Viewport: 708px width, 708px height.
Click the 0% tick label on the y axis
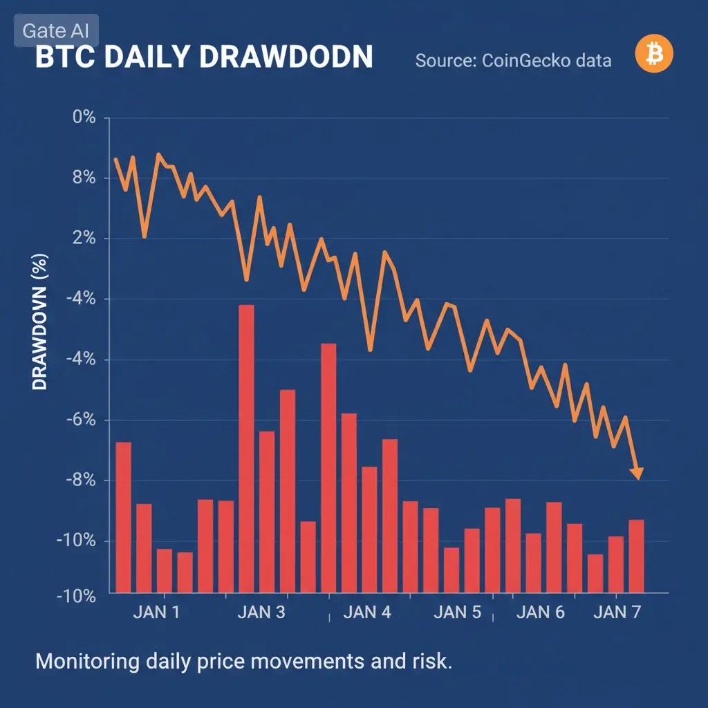click(x=84, y=117)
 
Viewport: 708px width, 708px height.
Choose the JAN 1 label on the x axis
click(x=156, y=613)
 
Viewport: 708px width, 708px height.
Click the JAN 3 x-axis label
click(x=261, y=613)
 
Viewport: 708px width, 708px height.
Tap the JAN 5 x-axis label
click(x=457, y=613)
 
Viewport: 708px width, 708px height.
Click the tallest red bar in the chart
click(x=246, y=448)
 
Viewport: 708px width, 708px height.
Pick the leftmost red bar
click(x=123, y=516)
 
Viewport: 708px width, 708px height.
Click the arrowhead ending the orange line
click(x=637, y=473)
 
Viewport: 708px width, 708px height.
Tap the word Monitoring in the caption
click(x=86, y=662)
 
